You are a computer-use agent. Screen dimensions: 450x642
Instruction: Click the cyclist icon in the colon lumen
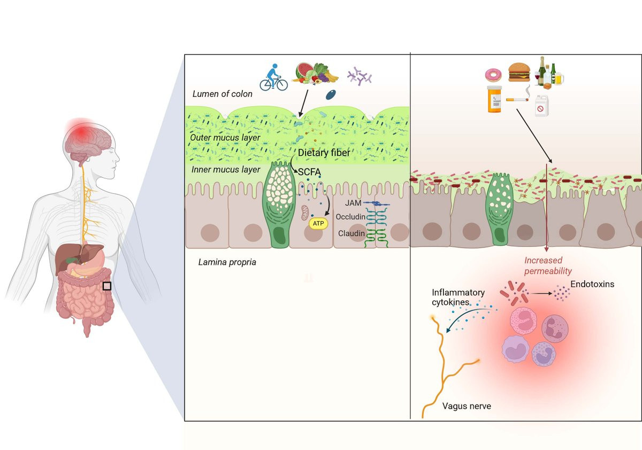[x=273, y=77]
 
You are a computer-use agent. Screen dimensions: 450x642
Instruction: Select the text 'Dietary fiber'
[x=324, y=153]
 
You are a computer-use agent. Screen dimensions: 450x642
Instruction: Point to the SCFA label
[x=309, y=172]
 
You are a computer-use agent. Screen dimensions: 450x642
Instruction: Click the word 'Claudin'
[x=351, y=234]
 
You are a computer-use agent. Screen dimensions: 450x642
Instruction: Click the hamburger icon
[x=518, y=71]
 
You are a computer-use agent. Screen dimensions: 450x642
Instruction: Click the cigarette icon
[x=517, y=100]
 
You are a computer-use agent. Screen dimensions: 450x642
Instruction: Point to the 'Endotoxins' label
[x=592, y=284]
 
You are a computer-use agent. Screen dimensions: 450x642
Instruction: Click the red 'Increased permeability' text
[x=547, y=266]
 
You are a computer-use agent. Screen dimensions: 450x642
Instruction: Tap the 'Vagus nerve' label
[x=467, y=406]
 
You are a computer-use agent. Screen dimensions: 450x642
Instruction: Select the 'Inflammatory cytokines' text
[x=458, y=297]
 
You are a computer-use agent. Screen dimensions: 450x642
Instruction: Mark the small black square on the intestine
[x=107, y=286]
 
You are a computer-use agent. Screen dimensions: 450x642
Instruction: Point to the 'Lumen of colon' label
[x=222, y=94]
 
